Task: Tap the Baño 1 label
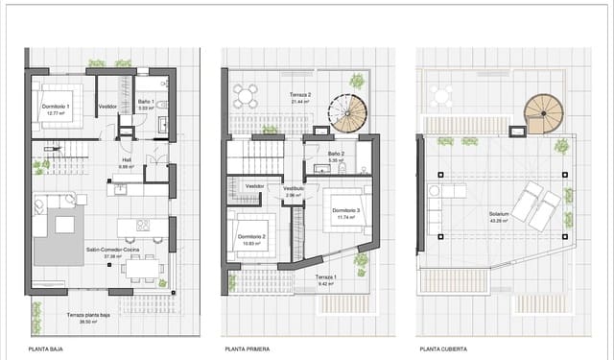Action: pyautogui.click(x=146, y=106)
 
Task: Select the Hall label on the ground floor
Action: pyautogui.click(x=125, y=162)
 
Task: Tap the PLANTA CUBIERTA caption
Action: pyautogui.click(x=439, y=350)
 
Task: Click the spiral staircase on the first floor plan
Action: pyautogui.click(x=346, y=112)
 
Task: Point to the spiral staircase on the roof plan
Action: pyautogui.click(x=543, y=112)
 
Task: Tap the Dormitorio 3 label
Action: pyautogui.click(x=346, y=213)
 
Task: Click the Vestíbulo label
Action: pyautogui.click(x=294, y=191)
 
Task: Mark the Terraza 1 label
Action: pyautogui.click(x=328, y=280)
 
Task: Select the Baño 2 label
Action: pyautogui.click(x=335, y=156)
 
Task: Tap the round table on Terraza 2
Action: pyautogui.click(x=245, y=94)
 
